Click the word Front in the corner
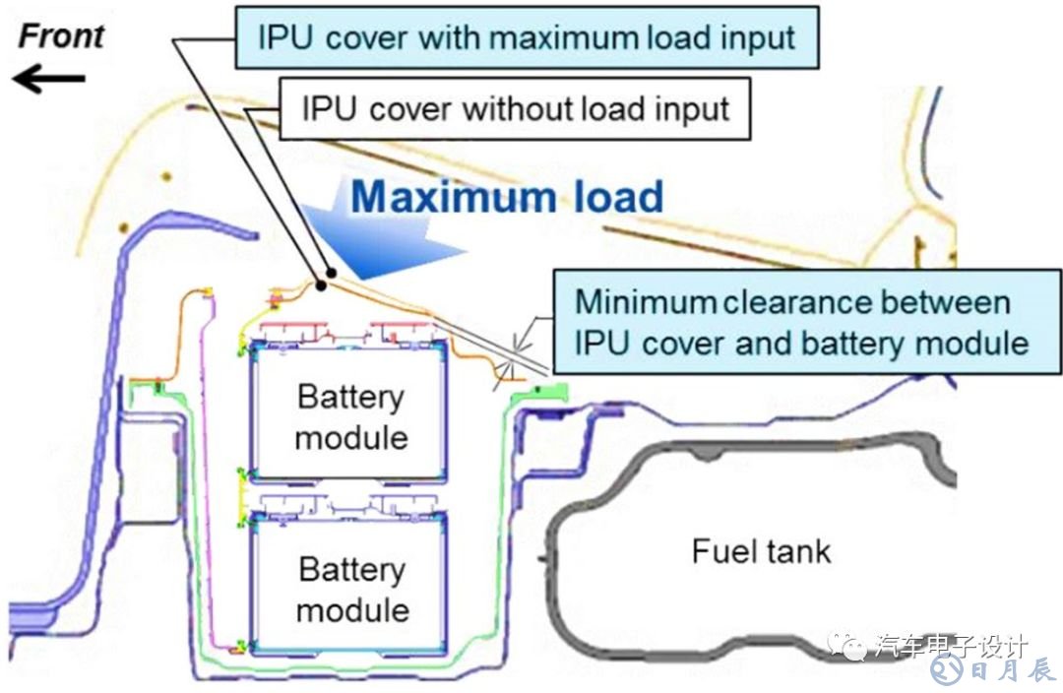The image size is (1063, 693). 62,36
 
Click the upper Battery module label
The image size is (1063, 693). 351,416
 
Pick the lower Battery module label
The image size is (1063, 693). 352,589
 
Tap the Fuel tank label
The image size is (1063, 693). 761,550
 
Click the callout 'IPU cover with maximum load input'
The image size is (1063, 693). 526,37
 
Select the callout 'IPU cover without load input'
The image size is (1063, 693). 516,107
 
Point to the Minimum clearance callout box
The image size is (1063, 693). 801,321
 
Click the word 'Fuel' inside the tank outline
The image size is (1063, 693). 724,550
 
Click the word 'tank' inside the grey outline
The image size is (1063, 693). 798,550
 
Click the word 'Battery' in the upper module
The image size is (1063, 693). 351,398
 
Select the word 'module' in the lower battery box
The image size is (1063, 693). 352,608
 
